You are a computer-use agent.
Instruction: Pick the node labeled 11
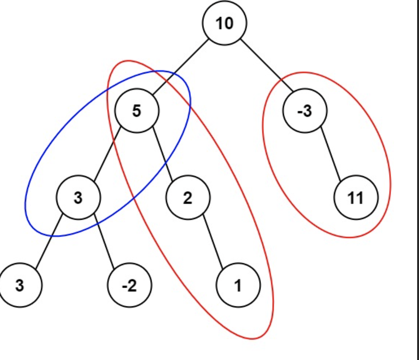point(356,198)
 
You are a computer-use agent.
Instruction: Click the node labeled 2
point(188,198)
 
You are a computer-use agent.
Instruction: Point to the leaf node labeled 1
point(238,285)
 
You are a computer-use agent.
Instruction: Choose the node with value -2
point(130,285)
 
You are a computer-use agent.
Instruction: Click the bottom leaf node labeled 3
point(20,285)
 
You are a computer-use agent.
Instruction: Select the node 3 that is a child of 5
point(78,198)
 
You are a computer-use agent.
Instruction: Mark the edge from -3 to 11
point(330,155)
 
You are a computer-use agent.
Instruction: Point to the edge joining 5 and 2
point(162,155)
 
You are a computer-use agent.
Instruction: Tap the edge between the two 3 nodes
point(49,242)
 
